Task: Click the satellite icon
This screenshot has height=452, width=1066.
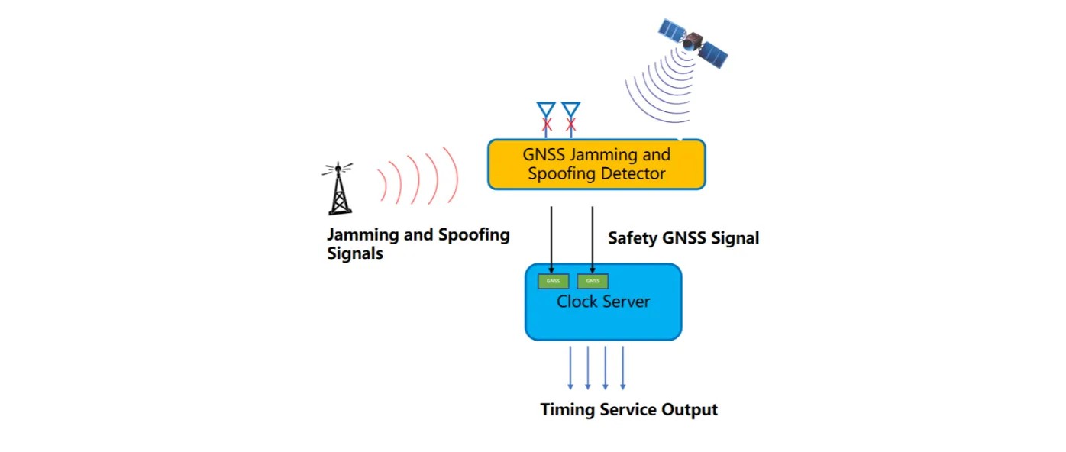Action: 693,43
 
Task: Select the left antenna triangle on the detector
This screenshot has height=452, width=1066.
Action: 546,109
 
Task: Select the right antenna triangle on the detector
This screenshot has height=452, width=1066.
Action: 570,109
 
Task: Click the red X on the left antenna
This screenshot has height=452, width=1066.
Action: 547,124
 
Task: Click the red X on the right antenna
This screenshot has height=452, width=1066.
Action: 570,124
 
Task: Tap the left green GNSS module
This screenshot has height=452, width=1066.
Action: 554,281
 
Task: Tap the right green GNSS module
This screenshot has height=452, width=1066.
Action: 593,281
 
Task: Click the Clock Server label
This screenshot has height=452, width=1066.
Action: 603,302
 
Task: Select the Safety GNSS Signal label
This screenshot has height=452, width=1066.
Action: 683,238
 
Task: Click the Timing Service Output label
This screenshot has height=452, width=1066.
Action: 629,410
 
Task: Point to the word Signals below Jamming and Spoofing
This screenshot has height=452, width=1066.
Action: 355,254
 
